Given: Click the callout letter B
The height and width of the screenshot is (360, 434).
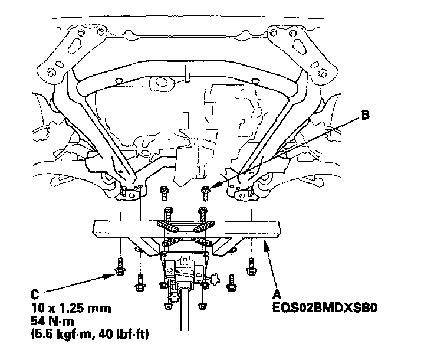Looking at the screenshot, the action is (366, 114).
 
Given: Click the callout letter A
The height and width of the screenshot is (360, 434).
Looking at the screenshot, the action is (277, 294).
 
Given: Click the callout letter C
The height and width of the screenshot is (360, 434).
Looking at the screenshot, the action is (35, 294).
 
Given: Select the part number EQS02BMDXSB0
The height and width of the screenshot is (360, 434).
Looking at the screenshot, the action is (325, 307).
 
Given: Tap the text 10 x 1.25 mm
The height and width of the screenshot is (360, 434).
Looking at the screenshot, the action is (71, 308).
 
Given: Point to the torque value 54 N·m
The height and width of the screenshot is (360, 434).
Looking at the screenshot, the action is (52, 321).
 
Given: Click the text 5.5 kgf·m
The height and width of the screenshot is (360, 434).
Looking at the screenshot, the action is (66, 334).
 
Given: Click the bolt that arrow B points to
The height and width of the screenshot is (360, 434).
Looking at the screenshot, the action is (205, 194).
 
